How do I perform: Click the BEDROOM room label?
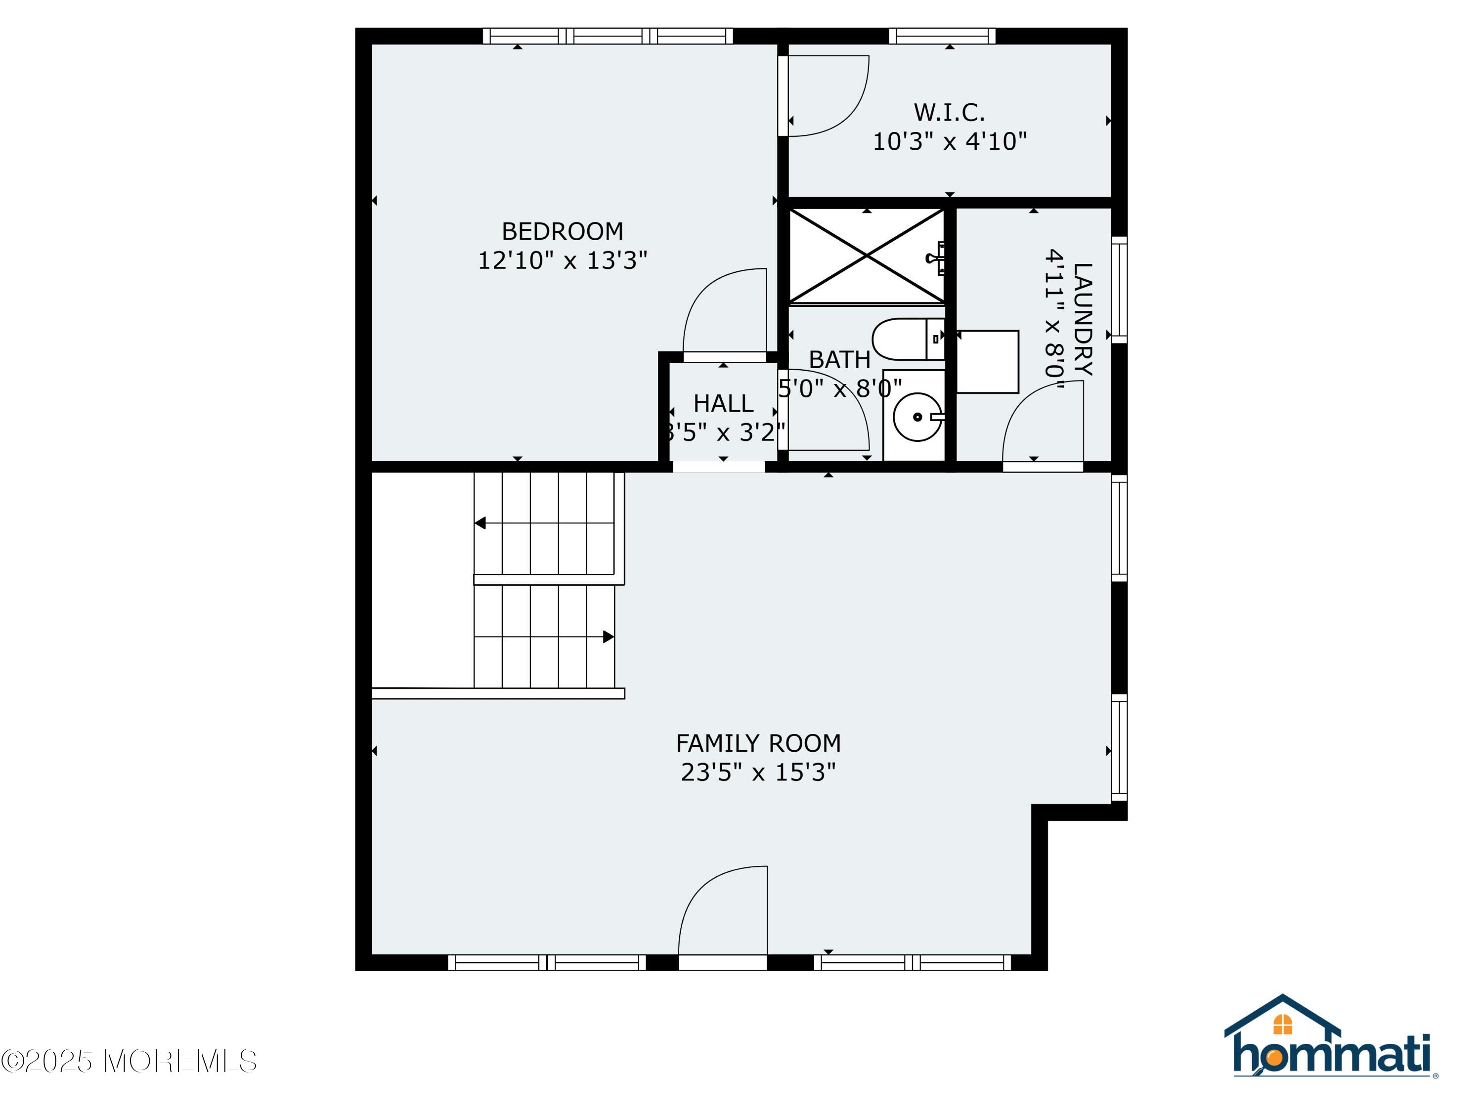pyautogui.click(x=562, y=231)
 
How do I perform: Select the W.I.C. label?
pyautogui.click(x=949, y=112)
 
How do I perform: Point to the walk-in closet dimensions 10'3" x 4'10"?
pyautogui.click(x=949, y=141)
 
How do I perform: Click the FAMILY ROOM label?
pyautogui.click(x=758, y=743)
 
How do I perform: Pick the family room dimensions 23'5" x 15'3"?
pyautogui.click(x=758, y=772)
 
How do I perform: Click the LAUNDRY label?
pyautogui.click(x=1082, y=319)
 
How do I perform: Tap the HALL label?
pyautogui.click(x=723, y=403)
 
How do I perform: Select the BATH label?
pyautogui.click(x=839, y=360)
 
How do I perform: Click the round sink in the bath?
pyautogui.click(x=916, y=416)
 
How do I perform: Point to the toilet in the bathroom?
pyautogui.click(x=905, y=339)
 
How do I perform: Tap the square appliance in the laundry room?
pyautogui.click(x=987, y=361)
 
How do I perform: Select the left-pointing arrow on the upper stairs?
pyautogui.click(x=480, y=523)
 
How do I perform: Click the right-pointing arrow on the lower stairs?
pyautogui.click(x=608, y=637)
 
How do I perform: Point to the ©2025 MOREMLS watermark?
pyautogui.click(x=129, y=1061)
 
